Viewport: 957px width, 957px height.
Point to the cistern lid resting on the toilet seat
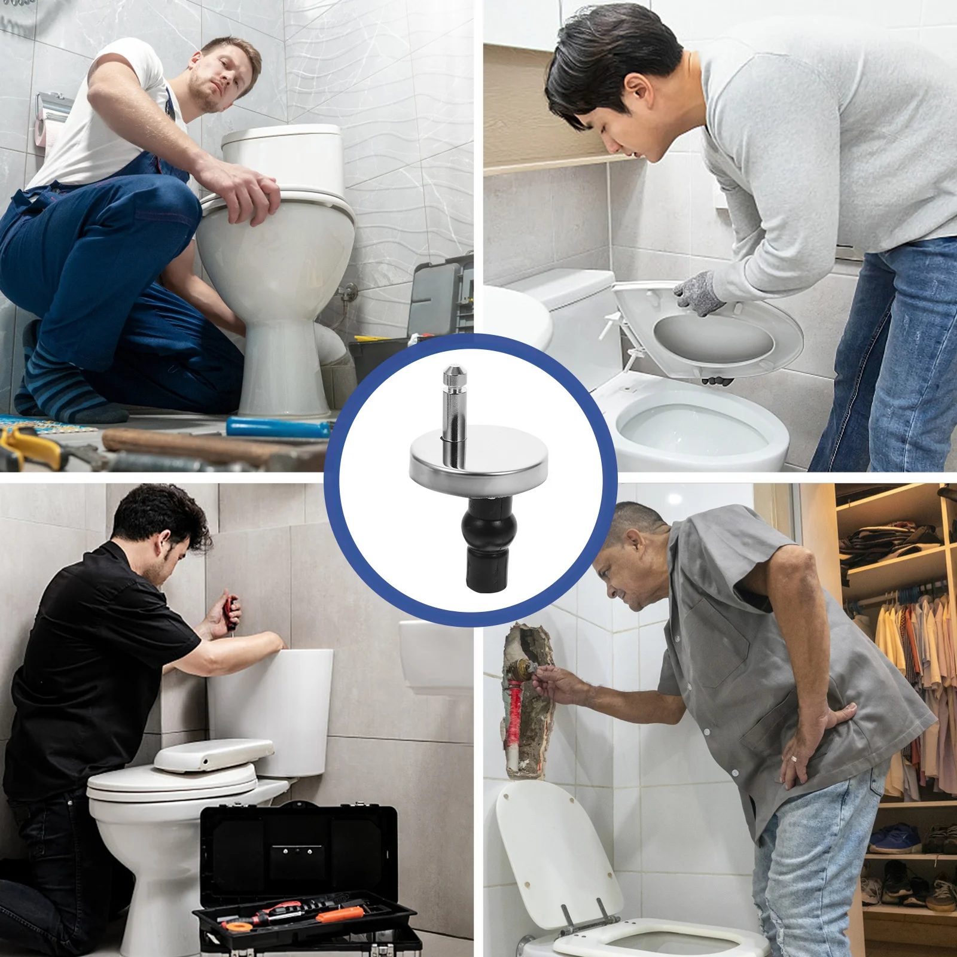tap(214, 754)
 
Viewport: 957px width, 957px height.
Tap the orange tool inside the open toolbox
tap(339, 913)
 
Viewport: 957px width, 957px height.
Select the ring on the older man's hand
tap(793, 759)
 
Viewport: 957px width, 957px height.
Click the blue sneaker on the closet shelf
tap(895, 838)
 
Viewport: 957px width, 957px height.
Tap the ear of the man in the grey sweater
tap(639, 90)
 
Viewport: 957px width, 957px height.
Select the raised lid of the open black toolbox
tap(298, 849)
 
